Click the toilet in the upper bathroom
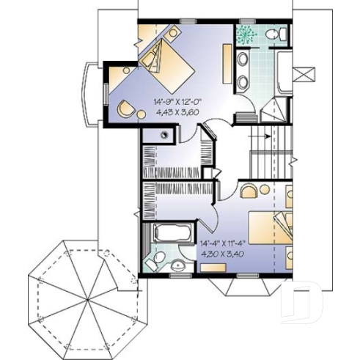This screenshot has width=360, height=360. point(272,34)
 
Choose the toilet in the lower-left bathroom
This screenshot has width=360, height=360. point(177,266)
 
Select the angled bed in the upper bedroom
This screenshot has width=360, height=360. point(170,62)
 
